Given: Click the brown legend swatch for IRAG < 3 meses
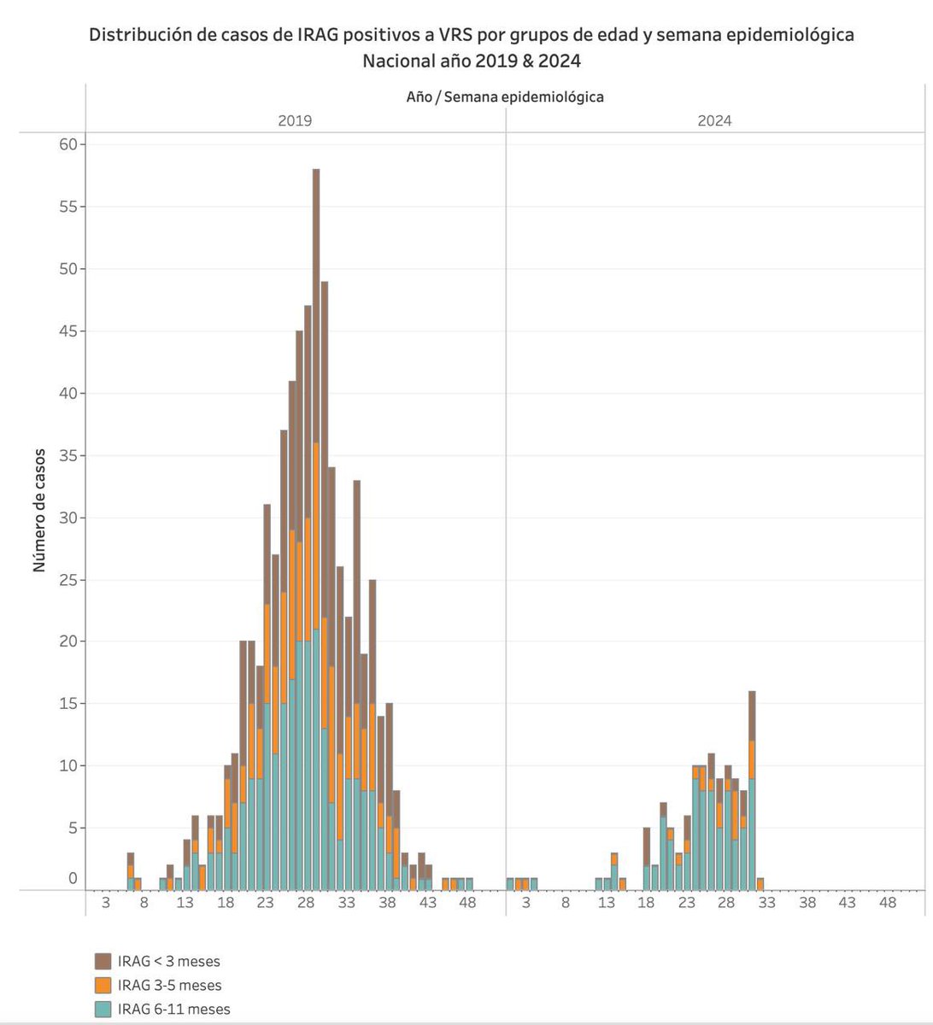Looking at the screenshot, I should pos(103,961).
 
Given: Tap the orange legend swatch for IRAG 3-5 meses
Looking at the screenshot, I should pos(103,985).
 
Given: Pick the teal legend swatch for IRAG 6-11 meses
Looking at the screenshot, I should pos(103,1009).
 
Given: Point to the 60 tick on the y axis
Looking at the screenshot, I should pos(67,144).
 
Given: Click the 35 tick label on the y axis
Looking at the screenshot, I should pos(67,455).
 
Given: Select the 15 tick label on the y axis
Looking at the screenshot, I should pos(67,704).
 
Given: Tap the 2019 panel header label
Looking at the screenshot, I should pos(295,121).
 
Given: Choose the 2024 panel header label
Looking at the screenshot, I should pos(714,121).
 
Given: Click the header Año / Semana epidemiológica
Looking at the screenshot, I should pos(505,97).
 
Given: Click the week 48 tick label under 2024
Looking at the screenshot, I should pos(887,903).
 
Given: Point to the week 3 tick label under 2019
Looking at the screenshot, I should pos(105,903).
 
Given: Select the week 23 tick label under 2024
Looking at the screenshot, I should pos(686,903).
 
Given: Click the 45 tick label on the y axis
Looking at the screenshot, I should pos(67,331).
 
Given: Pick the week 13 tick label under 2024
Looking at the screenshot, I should pos(606,903).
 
